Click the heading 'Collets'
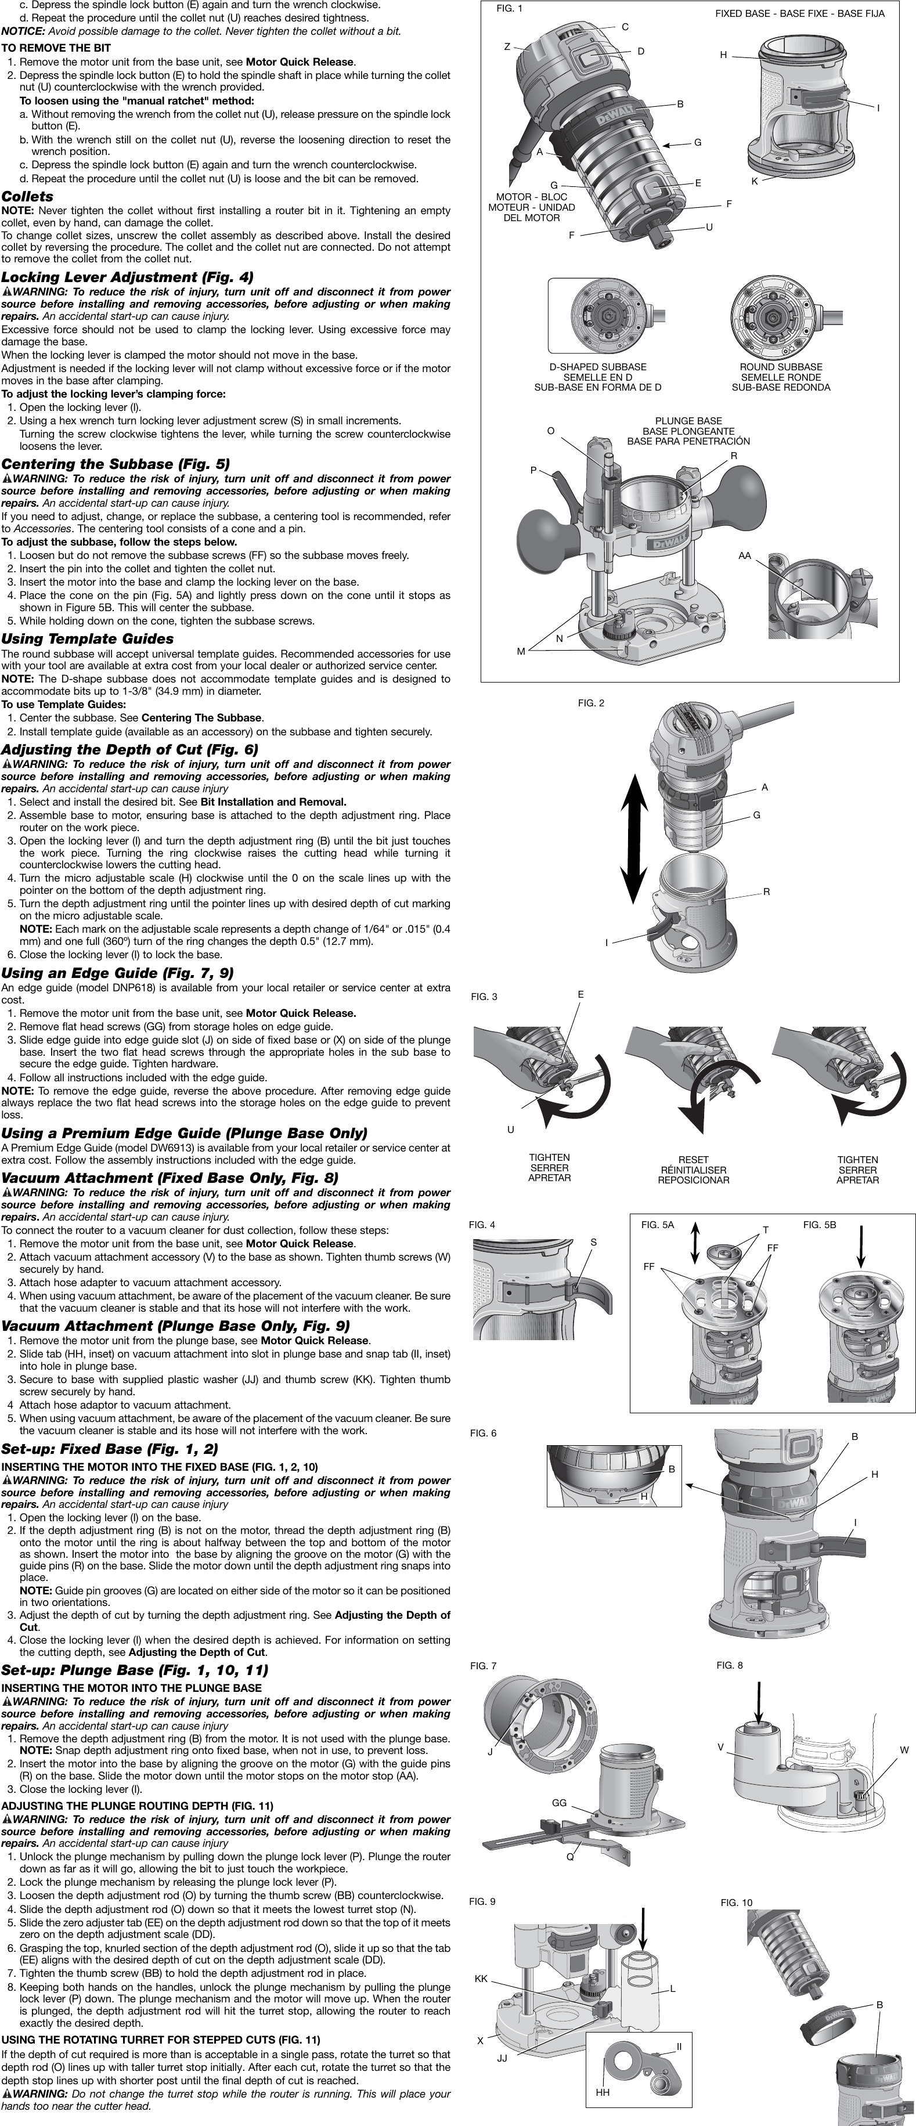[27, 196]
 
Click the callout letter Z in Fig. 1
[507, 47]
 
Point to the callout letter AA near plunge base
[744, 556]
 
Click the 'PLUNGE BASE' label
[688, 421]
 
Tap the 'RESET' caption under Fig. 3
[693, 1160]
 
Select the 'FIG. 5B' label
[820, 1225]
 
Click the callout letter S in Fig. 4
[593, 1242]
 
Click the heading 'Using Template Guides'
[88, 639]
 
